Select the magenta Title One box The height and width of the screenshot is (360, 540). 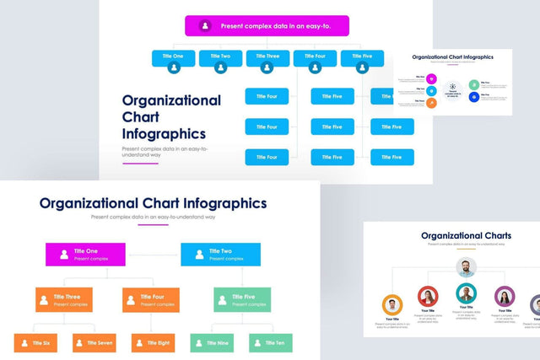click(85, 254)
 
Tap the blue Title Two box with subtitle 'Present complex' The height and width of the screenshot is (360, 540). click(221, 254)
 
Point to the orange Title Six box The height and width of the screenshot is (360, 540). click(36, 342)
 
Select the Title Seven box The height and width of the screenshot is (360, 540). click(94, 342)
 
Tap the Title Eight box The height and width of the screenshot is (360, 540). click(153, 342)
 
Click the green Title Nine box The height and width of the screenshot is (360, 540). click(212, 342)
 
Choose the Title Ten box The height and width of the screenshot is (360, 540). click(271, 342)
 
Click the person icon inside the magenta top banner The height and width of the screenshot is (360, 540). click(206, 26)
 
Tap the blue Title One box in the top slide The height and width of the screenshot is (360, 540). click(174, 56)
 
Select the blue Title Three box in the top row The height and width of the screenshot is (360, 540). click(267, 56)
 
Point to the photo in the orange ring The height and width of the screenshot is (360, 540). click(391, 304)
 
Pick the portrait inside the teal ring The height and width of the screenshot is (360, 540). click(466, 293)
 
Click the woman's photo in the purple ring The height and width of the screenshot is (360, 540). click(505, 296)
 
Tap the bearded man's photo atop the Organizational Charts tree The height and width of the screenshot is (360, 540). click(466, 268)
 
